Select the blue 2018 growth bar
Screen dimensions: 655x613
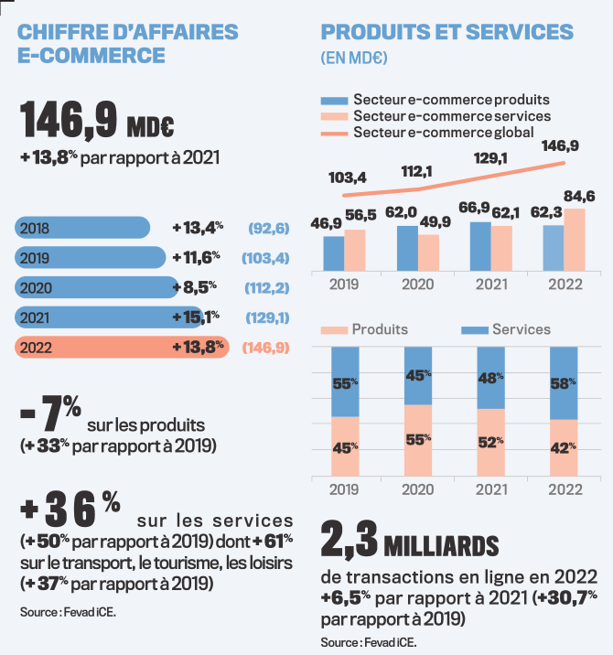tap(82, 227)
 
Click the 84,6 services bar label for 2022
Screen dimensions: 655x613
tap(578, 196)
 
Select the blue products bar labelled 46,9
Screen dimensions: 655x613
tap(334, 253)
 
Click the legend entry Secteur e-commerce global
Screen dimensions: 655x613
tap(450, 134)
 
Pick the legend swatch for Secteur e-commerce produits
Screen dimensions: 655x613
tap(334, 99)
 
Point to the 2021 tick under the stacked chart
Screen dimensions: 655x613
tap(490, 489)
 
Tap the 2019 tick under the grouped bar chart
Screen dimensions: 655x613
tap(344, 285)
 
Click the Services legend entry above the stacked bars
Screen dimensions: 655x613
tap(521, 329)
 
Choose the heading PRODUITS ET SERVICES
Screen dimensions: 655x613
tap(447, 32)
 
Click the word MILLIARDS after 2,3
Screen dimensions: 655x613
tap(442, 546)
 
